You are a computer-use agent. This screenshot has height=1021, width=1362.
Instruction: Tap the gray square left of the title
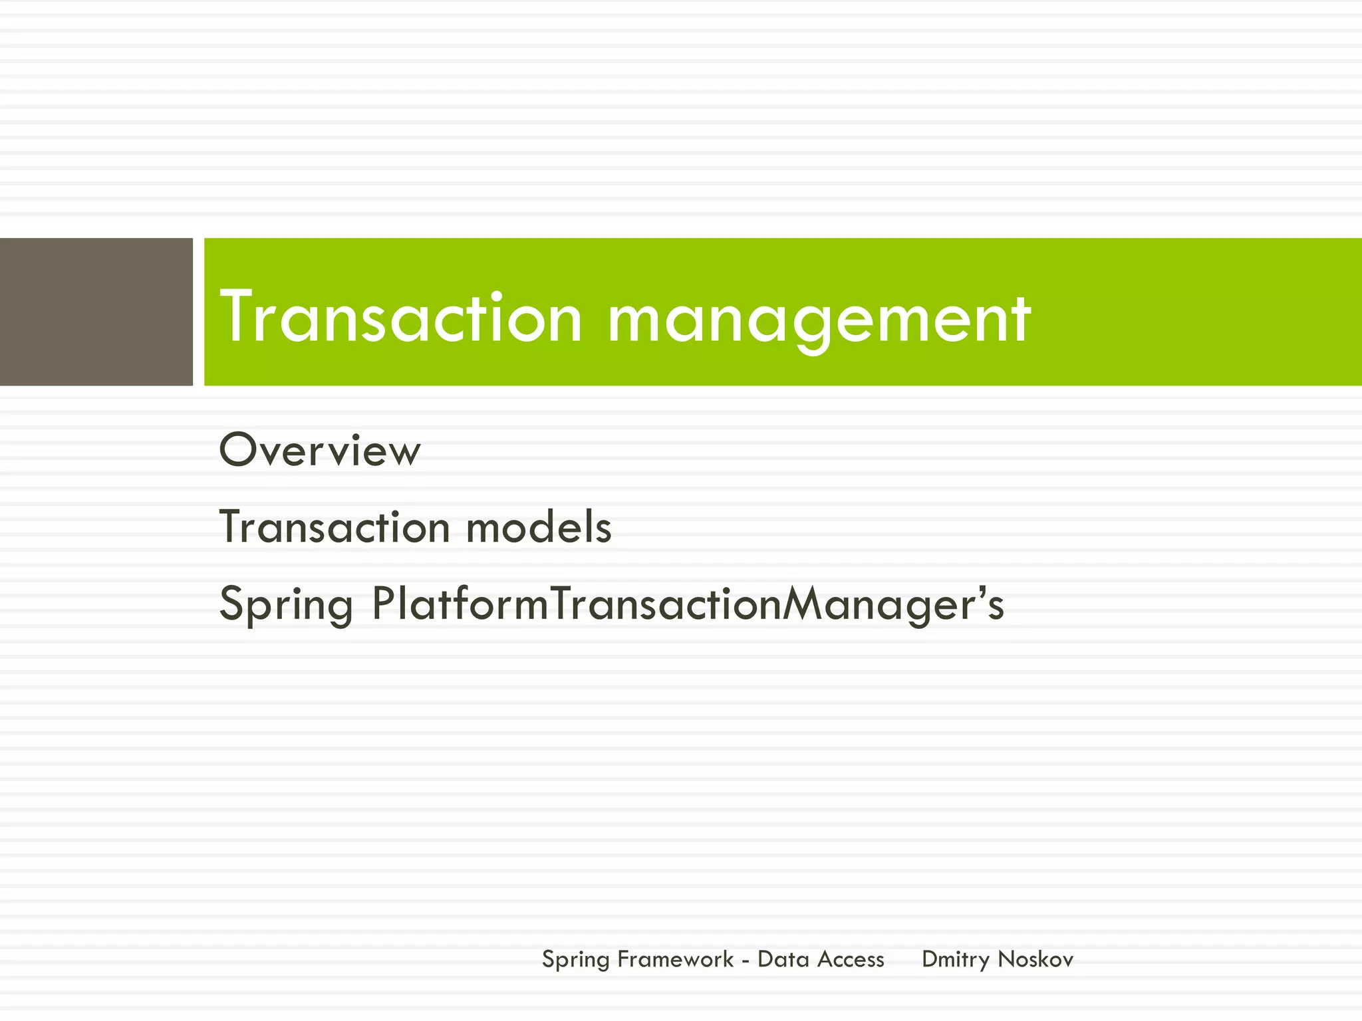coord(96,311)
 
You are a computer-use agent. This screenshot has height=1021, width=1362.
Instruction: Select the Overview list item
coord(320,451)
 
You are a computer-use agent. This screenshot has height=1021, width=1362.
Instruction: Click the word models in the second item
coord(539,528)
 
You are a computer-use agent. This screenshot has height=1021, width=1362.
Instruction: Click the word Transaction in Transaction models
coord(335,528)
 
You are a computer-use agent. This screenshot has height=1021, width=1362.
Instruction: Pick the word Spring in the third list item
coord(286,605)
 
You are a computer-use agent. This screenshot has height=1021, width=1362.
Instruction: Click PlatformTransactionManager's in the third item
coord(688,605)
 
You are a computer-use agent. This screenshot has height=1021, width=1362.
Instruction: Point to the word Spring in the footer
coord(575,960)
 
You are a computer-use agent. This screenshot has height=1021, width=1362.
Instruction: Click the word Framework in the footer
coord(675,959)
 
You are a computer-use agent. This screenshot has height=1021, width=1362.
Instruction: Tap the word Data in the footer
coord(783,959)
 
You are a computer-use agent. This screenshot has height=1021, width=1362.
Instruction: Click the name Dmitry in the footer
coord(956,960)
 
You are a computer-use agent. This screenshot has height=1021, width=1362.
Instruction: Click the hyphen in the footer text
coord(746,962)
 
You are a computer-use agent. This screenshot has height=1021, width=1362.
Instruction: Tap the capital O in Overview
coord(238,450)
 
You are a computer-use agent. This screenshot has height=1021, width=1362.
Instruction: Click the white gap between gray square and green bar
coord(198,311)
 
